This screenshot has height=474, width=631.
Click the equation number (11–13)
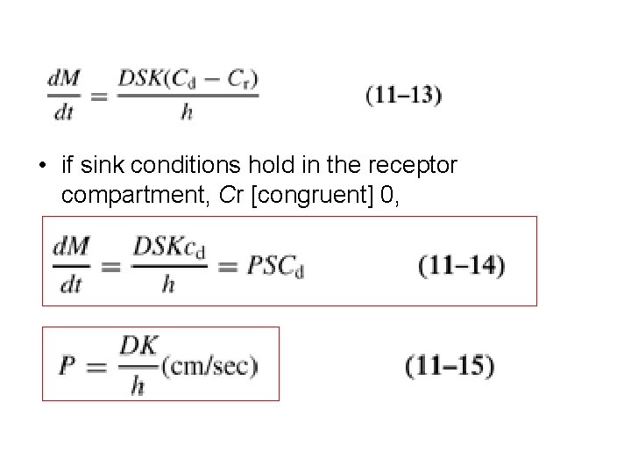click(x=403, y=96)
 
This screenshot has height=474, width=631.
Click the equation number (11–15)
click(x=450, y=366)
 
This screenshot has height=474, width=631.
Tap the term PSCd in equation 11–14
click(x=275, y=265)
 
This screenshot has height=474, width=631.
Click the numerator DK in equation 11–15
click(x=137, y=348)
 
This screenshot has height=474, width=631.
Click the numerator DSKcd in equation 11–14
click(x=169, y=248)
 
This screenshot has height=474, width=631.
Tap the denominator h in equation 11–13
click(x=187, y=112)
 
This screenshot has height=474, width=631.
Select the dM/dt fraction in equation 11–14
click(x=70, y=264)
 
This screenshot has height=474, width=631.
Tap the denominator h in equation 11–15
click(x=137, y=386)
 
